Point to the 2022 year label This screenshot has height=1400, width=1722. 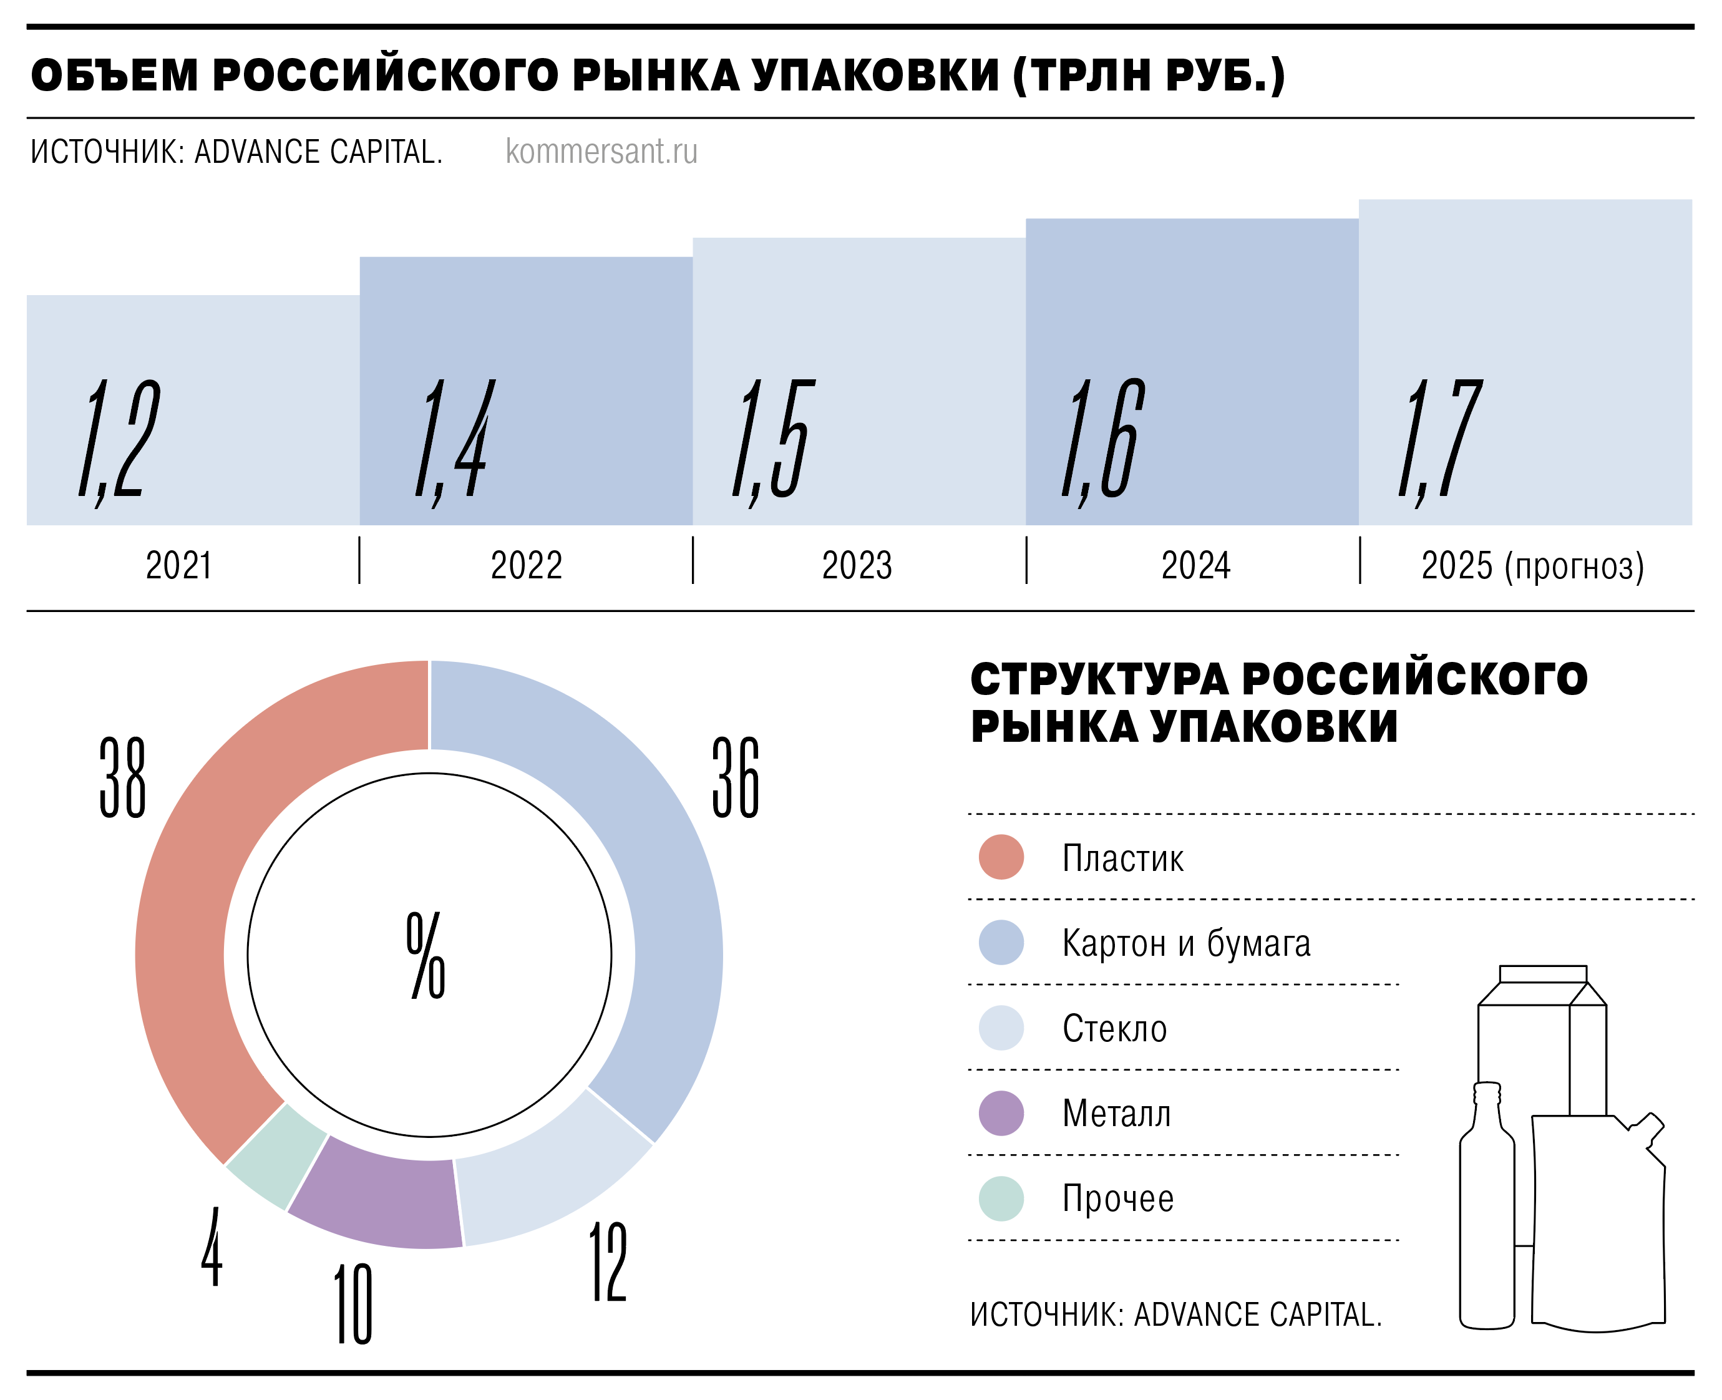click(x=526, y=565)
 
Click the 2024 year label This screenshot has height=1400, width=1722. click(x=1195, y=565)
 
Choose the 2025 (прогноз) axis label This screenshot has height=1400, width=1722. click(x=1532, y=565)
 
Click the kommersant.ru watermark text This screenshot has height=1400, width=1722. click(x=601, y=152)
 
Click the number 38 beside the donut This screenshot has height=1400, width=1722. click(x=122, y=777)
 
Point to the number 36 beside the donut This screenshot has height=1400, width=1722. click(x=736, y=777)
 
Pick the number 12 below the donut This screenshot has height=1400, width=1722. click(x=608, y=1261)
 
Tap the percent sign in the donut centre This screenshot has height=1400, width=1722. click(x=426, y=956)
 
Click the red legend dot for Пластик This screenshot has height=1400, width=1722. click(x=1001, y=857)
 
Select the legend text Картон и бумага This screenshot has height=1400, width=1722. click(x=1185, y=943)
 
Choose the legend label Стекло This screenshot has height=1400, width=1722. click(x=1114, y=1028)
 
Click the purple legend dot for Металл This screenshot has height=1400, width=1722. click(x=1001, y=1114)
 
